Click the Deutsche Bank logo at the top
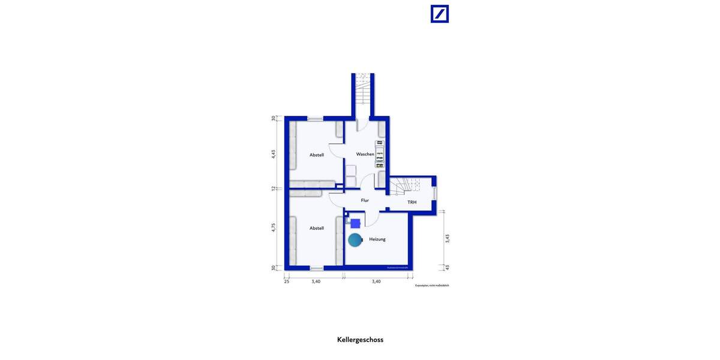pyautogui.click(x=439, y=14)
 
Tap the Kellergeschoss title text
pyautogui.click(x=360, y=340)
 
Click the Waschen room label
pyautogui.click(x=365, y=154)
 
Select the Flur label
pyautogui.click(x=365, y=200)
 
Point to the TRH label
pyautogui.click(x=412, y=202)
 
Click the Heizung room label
pyautogui.click(x=377, y=239)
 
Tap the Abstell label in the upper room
pyautogui.click(x=317, y=155)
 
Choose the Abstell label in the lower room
pyautogui.click(x=317, y=228)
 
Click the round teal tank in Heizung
pyautogui.click(x=355, y=240)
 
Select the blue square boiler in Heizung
pyautogui.click(x=355, y=223)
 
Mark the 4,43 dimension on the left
pyautogui.click(x=274, y=154)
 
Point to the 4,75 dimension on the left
pyautogui.click(x=274, y=227)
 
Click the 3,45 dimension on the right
pyautogui.click(x=448, y=238)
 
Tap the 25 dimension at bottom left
pyautogui.click(x=287, y=281)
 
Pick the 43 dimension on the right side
pyautogui.click(x=448, y=267)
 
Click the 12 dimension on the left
pyautogui.click(x=274, y=188)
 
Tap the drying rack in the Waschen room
pyautogui.click(x=379, y=154)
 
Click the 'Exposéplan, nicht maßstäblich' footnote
pyautogui.click(x=432, y=286)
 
